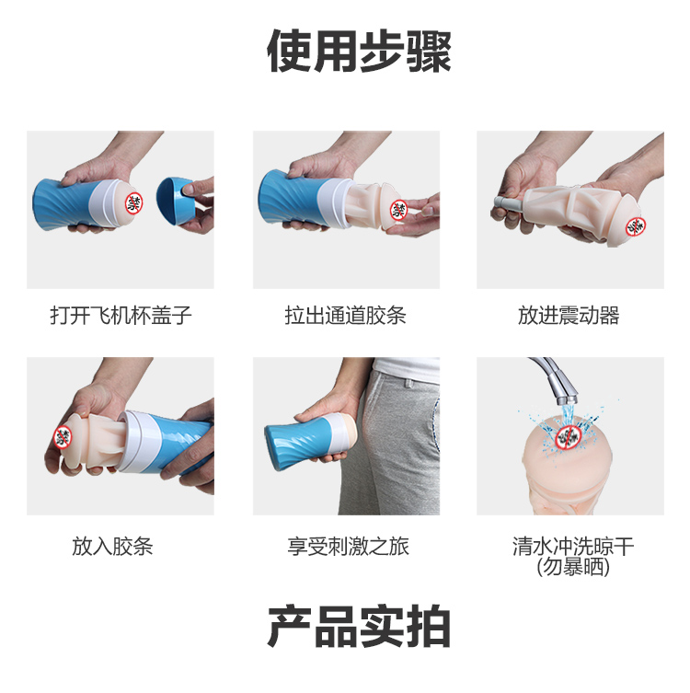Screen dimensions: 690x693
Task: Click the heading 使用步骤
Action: [359, 51]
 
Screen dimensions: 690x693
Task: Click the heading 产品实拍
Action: [359, 626]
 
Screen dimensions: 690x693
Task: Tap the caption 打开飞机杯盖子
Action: [121, 316]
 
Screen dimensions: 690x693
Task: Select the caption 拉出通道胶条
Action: [345, 316]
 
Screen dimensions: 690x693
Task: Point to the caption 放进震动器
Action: [569, 316]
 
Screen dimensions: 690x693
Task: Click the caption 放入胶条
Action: [112, 547]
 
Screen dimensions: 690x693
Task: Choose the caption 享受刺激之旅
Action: [348, 547]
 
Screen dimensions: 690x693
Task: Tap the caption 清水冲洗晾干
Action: [573, 547]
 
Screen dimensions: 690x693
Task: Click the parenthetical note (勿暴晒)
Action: [573, 567]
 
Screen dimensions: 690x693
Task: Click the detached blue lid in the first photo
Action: [178, 202]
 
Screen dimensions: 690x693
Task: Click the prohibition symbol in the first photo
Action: [134, 202]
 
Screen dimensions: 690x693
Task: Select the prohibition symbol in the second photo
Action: [398, 209]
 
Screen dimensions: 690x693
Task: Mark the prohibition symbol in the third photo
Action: [636, 226]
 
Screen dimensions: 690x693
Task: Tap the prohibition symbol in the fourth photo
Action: [63, 436]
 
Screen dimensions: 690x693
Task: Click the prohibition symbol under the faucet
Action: [568, 437]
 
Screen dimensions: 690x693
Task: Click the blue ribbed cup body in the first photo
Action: [66, 204]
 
